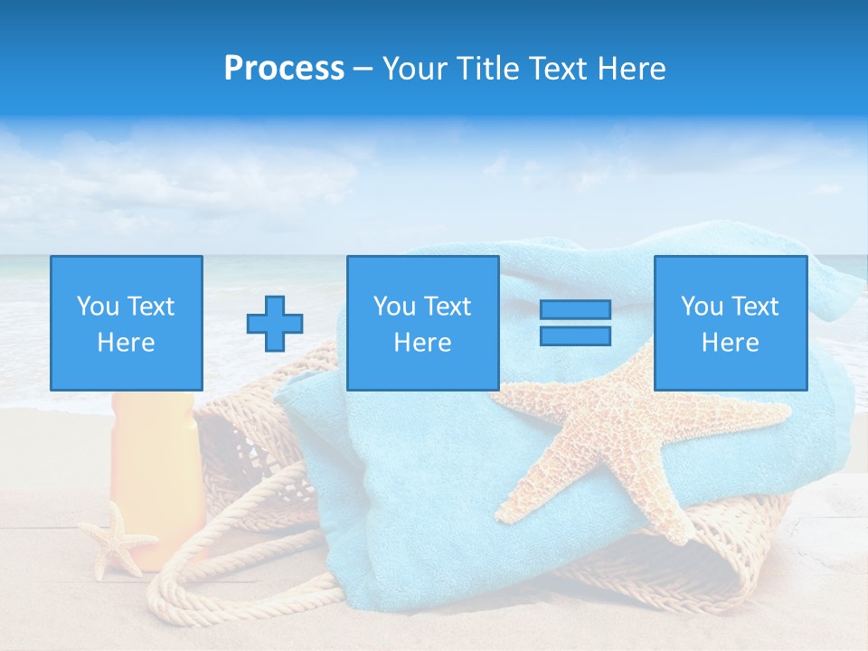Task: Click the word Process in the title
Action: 284,69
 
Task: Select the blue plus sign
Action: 275,323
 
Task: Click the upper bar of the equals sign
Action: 575,310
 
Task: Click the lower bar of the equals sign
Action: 575,335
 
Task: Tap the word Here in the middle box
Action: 422,343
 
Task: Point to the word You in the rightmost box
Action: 702,307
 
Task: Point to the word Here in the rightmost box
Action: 730,343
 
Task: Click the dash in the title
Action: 363,69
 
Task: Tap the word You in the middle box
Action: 394,307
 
